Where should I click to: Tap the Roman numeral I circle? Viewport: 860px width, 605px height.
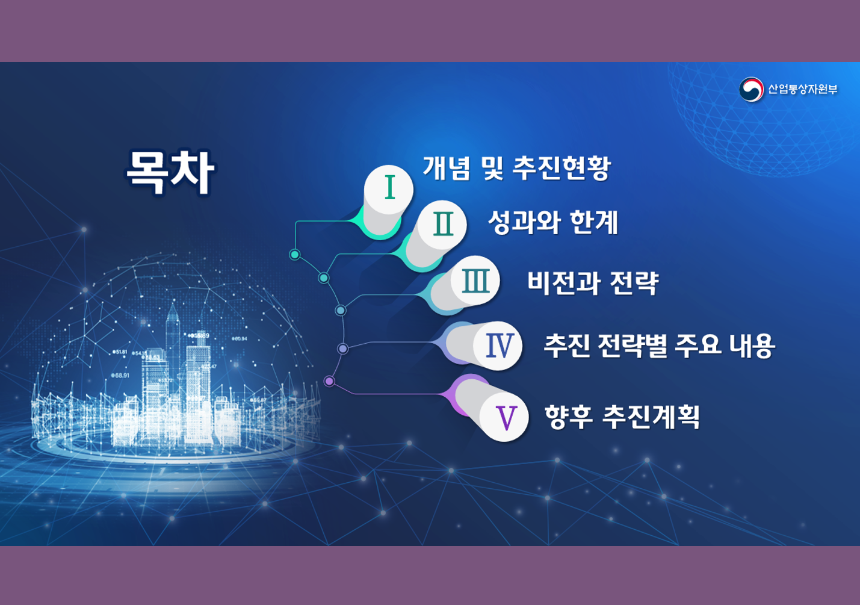tap(389, 190)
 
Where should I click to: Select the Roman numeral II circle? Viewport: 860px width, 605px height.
tap(442, 225)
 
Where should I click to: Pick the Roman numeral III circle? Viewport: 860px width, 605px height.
tap(475, 281)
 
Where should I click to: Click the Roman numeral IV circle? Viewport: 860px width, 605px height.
tap(498, 346)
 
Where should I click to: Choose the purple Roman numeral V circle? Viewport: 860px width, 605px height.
tap(504, 417)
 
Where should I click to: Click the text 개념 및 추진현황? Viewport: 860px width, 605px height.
tap(516, 168)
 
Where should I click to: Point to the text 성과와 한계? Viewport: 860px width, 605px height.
tap(553, 222)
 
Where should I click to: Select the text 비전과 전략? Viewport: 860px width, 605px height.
tap(593, 283)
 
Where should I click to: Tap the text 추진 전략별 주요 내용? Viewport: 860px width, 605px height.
tap(660, 346)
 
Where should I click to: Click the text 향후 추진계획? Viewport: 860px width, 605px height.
tap(622, 417)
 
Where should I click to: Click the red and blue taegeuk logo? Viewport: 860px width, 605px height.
tap(751, 90)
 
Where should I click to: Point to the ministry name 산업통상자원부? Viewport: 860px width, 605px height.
tap(802, 90)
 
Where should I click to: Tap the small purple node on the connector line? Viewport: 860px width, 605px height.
tap(329, 381)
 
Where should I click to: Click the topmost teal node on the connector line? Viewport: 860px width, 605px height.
tap(294, 254)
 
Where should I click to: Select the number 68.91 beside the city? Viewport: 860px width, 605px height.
tap(120, 375)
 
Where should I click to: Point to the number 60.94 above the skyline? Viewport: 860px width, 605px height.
tap(240, 339)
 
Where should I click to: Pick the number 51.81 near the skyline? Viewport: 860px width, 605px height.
tap(120, 352)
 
